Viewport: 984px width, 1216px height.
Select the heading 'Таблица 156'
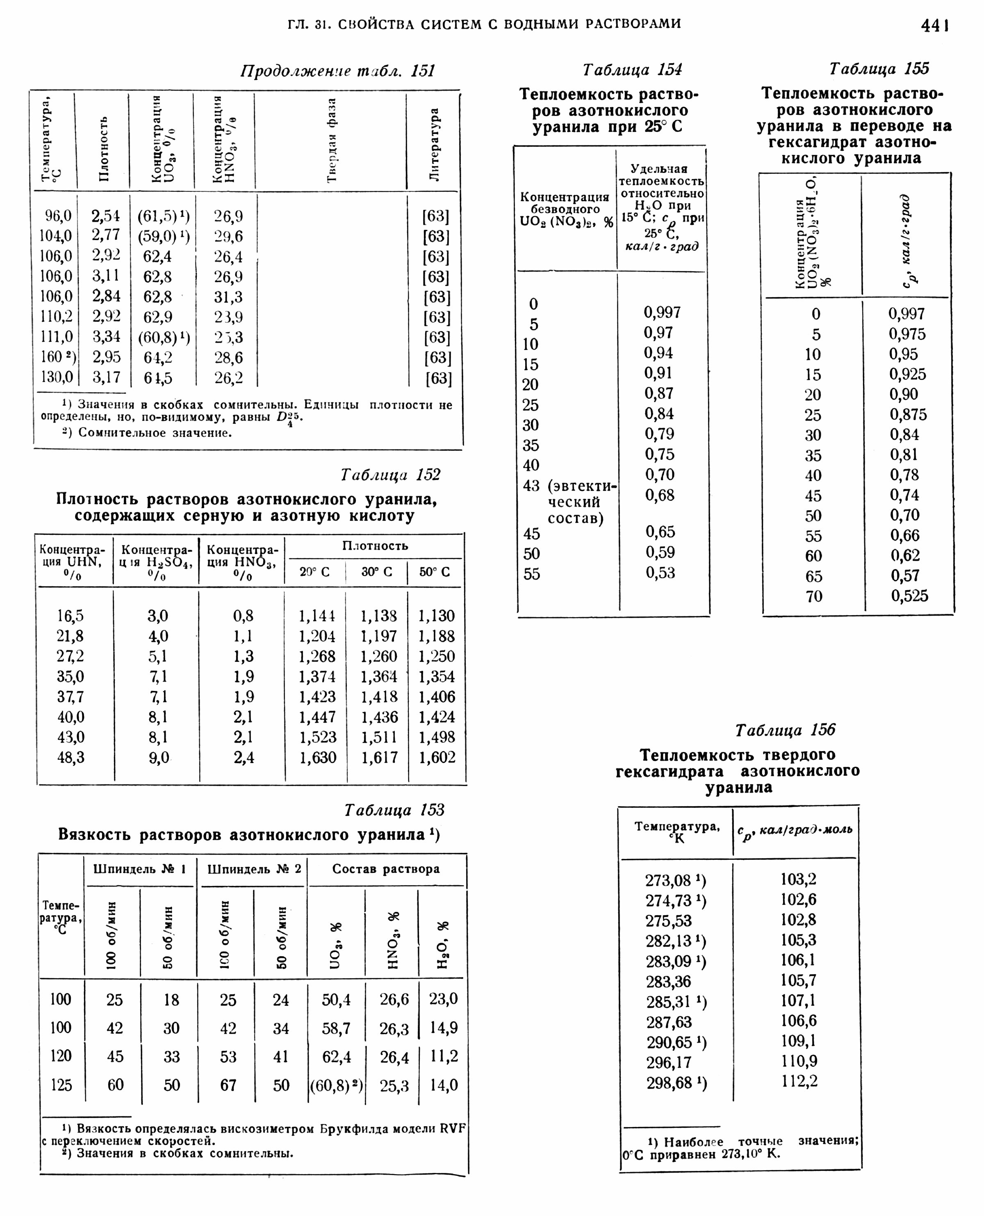click(785, 730)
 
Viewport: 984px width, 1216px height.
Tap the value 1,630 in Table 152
click(317, 757)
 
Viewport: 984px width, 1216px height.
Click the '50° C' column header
click(435, 572)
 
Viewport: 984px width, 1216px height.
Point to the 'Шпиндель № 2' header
click(253, 869)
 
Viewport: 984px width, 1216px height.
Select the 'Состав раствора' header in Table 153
click(385, 869)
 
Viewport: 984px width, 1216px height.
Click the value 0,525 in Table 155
click(909, 596)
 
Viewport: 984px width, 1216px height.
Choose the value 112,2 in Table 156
click(799, 1082)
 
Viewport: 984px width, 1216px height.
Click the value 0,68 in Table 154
click(660, 495)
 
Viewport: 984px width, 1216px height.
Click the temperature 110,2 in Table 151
click(56, 317)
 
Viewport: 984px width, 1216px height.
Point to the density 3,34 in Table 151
click(107, 337)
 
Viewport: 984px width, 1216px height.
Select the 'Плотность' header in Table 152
click(375, 545)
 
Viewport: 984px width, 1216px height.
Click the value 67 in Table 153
click(228, 1085)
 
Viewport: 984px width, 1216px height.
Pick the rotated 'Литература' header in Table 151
click(435, 145)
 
